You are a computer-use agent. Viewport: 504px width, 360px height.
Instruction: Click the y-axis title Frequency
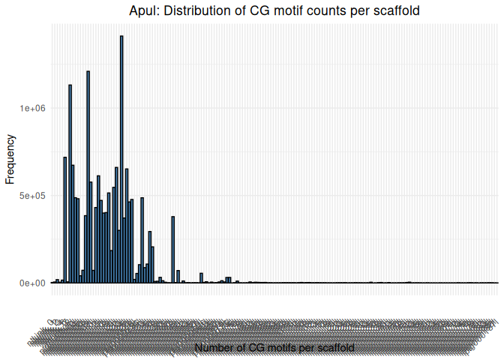coord(10,159)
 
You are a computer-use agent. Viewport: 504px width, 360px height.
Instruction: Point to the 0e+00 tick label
coord(32,283)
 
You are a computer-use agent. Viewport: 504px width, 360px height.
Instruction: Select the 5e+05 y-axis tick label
coord(32,196)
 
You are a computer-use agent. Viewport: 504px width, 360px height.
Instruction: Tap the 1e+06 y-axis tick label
coord(32,108)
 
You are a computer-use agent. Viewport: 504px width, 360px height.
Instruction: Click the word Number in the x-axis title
coord(214,348)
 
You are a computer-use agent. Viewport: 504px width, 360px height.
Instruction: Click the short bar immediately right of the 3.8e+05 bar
coord(178,276)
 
